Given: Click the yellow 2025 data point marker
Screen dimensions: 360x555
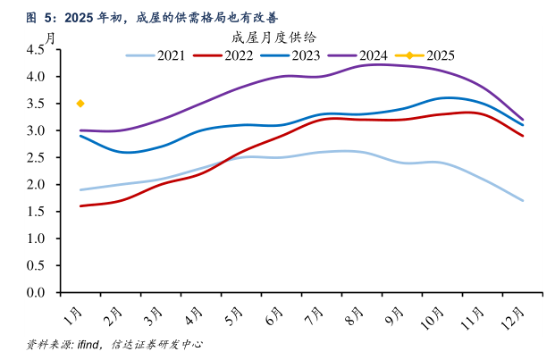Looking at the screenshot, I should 80,104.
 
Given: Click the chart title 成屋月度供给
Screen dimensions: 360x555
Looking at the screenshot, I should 273,38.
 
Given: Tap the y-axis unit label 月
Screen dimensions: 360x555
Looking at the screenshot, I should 51,38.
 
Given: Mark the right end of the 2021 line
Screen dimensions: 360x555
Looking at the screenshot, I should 523,200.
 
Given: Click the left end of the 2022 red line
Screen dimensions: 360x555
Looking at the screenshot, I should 80,205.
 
